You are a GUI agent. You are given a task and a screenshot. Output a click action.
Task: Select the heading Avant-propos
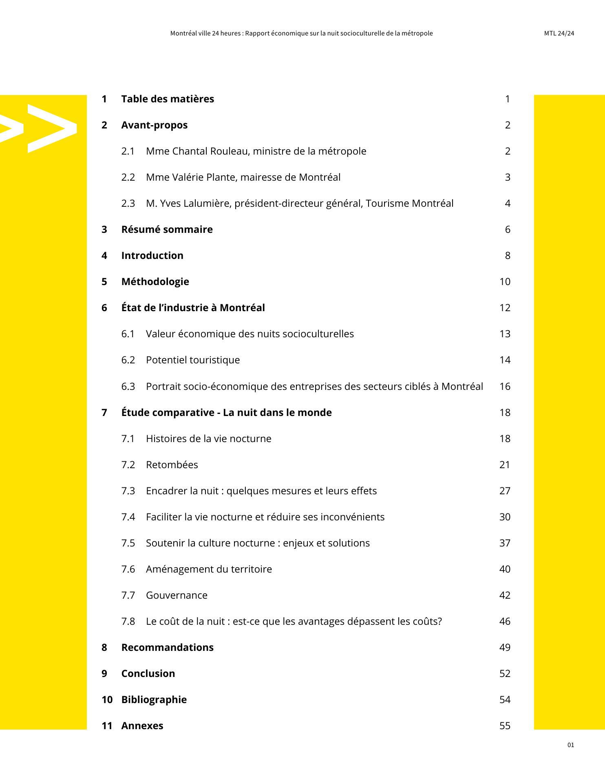154,125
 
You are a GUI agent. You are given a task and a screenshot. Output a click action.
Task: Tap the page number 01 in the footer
570,745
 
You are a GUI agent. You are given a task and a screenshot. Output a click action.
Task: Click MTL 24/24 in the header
559,33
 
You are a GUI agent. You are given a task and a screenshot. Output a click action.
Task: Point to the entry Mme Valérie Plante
243,177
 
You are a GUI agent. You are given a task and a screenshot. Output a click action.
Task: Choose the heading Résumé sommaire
167,230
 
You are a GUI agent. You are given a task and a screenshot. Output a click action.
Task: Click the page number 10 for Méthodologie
505,282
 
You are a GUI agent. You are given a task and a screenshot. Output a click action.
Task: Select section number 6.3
128,387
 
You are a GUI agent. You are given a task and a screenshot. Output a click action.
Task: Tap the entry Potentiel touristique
193,360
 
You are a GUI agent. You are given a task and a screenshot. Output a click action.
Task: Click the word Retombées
172,465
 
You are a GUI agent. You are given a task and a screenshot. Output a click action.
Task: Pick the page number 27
505,491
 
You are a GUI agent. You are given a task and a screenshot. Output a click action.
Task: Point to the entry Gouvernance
177,595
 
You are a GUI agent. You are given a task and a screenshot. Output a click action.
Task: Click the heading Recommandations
167,648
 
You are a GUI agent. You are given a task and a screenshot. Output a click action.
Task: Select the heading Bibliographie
154,700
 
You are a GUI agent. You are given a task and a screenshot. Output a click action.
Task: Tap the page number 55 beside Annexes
505,726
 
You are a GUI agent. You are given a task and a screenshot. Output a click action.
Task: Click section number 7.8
128,622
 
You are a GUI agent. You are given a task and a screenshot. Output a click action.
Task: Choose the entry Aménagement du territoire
209,569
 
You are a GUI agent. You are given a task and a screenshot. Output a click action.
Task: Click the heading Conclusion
148,674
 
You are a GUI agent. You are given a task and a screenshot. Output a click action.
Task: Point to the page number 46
505,622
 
